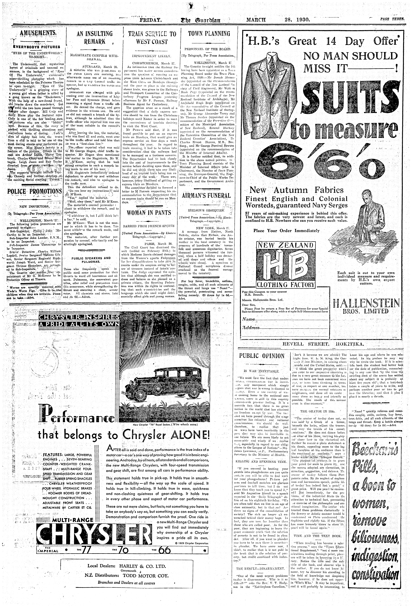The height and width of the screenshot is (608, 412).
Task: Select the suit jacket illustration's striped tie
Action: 272,67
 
